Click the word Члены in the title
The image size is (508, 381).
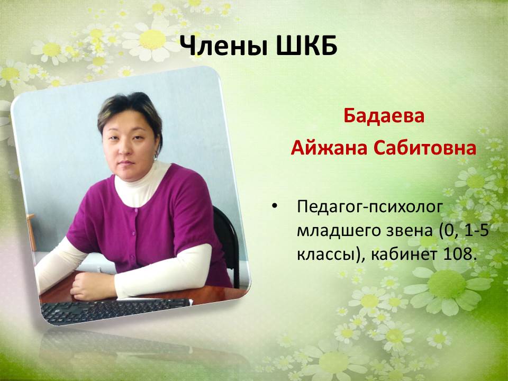(224, 46)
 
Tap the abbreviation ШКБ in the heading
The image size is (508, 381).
(307, 46)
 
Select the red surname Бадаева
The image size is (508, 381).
(384, 116)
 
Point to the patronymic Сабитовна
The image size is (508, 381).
(425, 148)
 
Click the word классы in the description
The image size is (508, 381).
(324, 255)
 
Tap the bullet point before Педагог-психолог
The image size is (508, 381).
(275, 207)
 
